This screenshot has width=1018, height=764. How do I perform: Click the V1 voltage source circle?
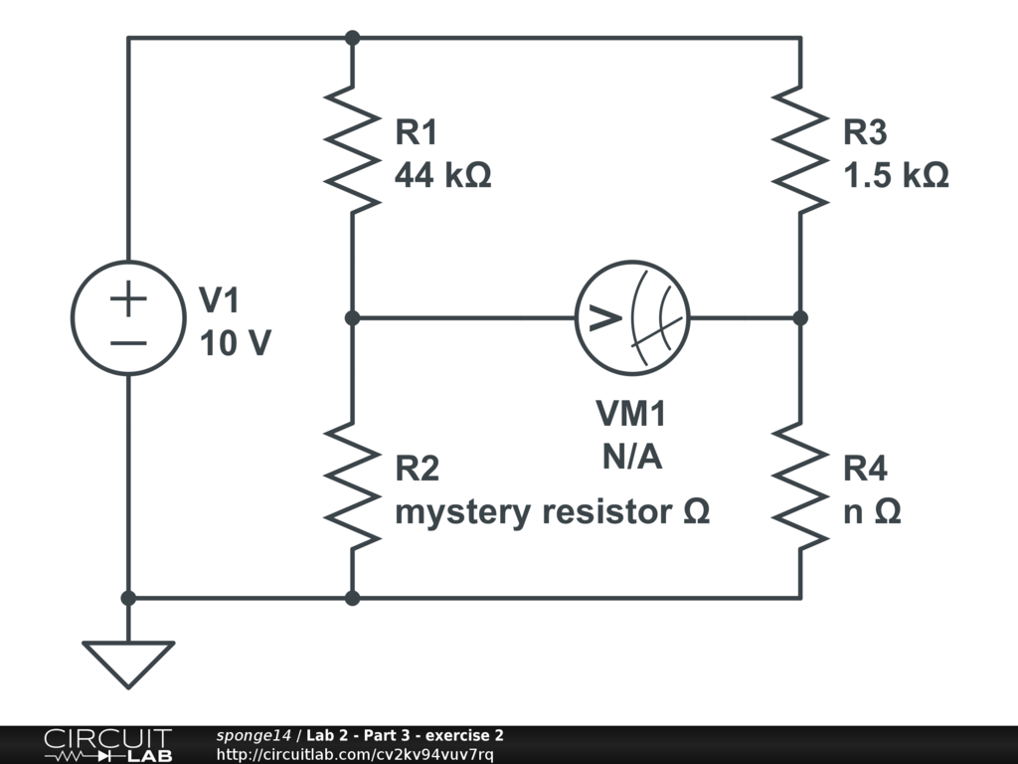(x=129, y=318)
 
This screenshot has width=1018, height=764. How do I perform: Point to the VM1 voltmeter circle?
(x=632, y=318)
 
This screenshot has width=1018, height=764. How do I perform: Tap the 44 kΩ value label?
(x=443, y=176)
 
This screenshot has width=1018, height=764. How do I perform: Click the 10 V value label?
(x=235, y=344)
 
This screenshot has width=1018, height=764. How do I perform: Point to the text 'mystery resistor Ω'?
(x=553, y=512)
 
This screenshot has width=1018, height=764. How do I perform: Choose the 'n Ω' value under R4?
(x=873, y=512)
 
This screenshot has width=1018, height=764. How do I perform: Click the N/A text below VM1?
(x=632, y=457)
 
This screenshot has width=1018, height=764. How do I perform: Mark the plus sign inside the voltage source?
(x=128, y=298)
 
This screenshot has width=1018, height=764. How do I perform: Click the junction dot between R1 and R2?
(x=352, y=318)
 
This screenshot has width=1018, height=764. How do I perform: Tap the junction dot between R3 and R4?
(x=800, y=318)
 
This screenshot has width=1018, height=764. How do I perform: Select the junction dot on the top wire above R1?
(x=352, y=38)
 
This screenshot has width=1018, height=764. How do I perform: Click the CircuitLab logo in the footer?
(x=107, y=745)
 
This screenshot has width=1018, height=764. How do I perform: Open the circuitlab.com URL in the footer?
(x=354, y=754)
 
